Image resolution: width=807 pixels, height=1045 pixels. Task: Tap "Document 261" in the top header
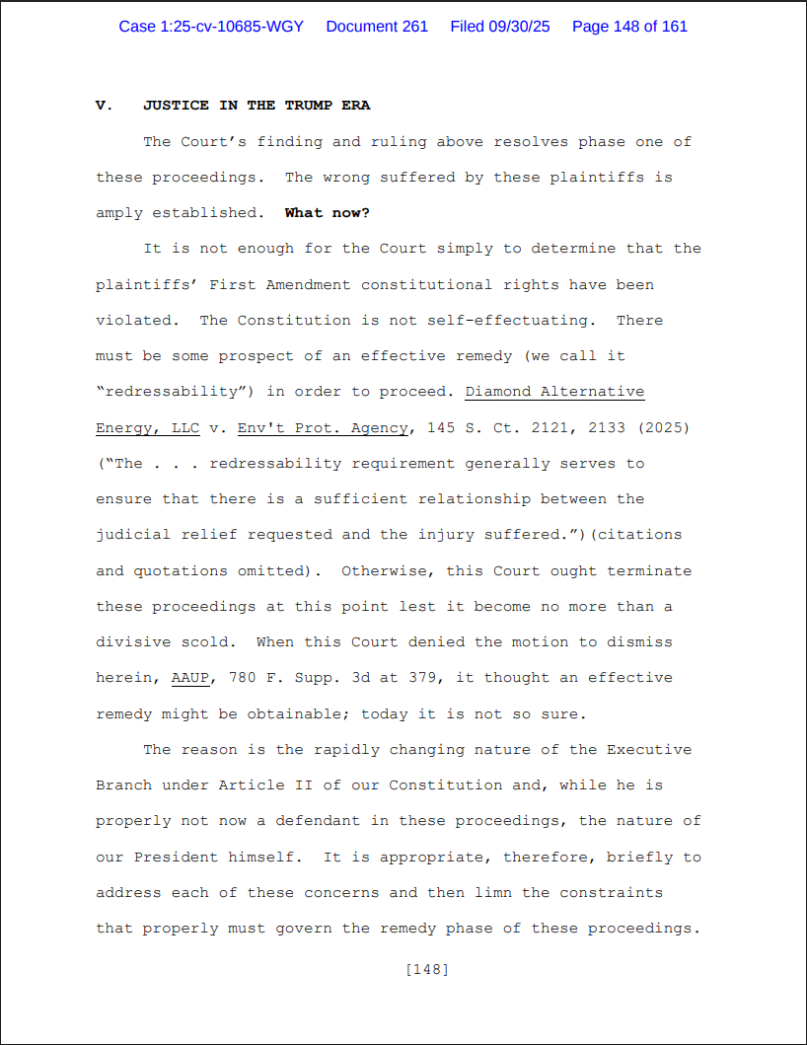click(x=377, y=27)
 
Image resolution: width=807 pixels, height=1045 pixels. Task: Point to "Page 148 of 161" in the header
click(x=629, y=27)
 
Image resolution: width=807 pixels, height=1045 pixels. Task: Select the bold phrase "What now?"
click(x=328, y=213)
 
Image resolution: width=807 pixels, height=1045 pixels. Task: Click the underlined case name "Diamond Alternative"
click(x=554, y=392)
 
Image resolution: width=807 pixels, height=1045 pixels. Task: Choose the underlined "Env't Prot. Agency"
click(x=323, y=427)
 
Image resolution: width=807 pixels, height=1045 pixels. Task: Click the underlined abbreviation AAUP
click(x=189, y=678)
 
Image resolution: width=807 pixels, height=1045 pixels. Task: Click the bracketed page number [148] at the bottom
click(x=427, y=970)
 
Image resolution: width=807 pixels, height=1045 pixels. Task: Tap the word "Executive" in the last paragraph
click(x=649, y=750)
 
